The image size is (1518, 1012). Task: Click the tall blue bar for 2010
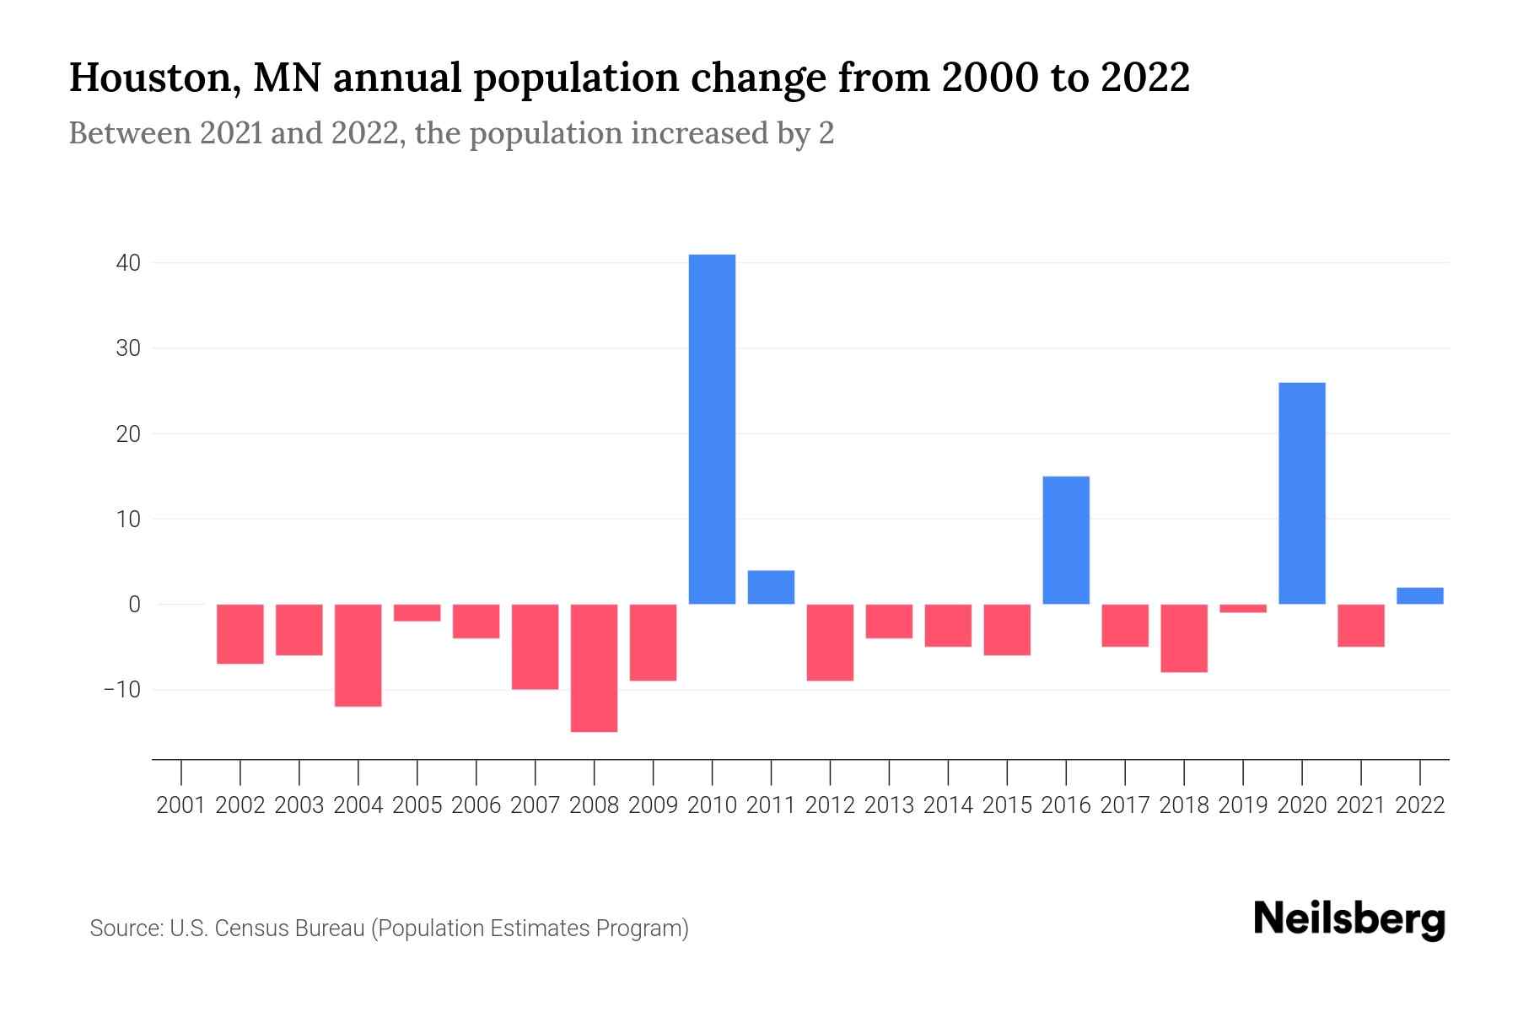(x=712, y=429)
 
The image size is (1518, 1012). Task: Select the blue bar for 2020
(x=1301, y=493)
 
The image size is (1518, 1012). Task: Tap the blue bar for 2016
(x=1066, y=541)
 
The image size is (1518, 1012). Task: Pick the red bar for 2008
(x=594, y=668)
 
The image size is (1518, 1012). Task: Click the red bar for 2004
(x=358, y=655)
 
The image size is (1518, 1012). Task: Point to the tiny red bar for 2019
(x=1242, y=608)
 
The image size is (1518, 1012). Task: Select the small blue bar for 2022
(x=1419, y=596)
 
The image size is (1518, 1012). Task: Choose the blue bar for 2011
(x=771, y=588)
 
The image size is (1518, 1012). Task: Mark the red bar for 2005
(x=417, y=613)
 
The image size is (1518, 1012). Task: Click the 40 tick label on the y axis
(x=128, y=263)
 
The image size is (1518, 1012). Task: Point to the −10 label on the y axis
(x=121, y=690)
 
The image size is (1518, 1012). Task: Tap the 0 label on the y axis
(x=134, y=605)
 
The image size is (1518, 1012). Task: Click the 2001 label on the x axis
(x=181, y=805)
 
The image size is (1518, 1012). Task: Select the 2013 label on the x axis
(x=889, y=805)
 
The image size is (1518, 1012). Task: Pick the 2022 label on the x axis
(x=1419, y=805)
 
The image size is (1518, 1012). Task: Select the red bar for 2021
(x=1360, y=626)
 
